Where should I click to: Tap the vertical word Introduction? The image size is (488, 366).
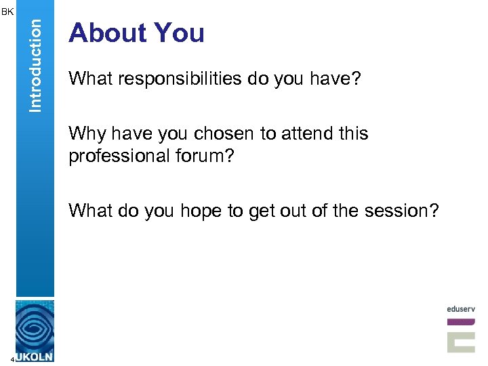coord(35,64)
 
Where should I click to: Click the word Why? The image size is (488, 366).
coord(85,134)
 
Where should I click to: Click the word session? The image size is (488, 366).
coord(396,211)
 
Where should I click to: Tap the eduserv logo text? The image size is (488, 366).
coord(461,308)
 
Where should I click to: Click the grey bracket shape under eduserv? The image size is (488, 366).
coord(461,339)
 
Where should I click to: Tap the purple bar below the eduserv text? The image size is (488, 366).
coord(461,321)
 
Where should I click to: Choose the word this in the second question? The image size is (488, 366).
coord(353,134)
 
